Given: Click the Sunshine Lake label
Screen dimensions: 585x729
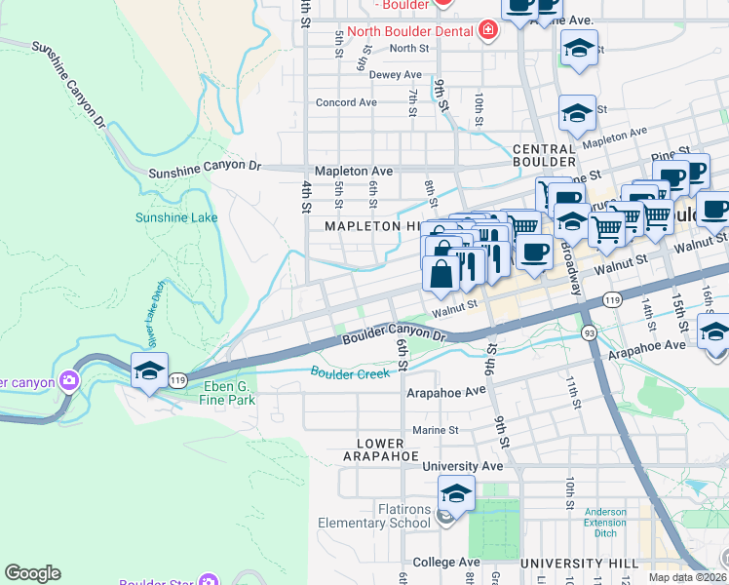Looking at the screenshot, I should click(176, 217).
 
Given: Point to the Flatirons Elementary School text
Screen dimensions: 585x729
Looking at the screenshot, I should click(403, 516).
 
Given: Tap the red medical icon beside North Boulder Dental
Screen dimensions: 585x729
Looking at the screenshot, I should click(487, 30).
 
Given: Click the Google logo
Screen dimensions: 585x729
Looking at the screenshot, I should click(32, 573).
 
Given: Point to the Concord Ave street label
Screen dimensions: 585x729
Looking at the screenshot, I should click(346, 102).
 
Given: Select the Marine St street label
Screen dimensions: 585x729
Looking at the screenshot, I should click(434, 430).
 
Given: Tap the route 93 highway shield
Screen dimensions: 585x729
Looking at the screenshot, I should click(590, 333).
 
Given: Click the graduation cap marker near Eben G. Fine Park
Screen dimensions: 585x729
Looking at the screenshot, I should click(149, 371).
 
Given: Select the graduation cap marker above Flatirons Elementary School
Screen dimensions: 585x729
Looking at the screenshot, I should click(456, 494).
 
